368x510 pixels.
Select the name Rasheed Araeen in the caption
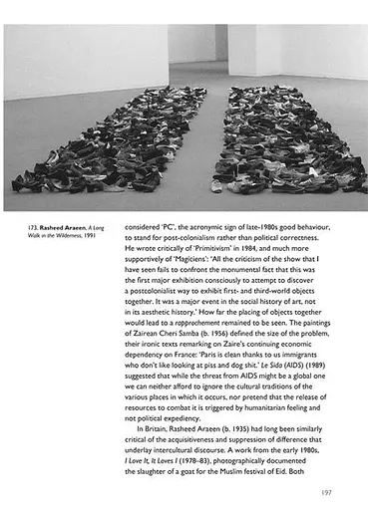pyautogui.click(x=66, y=227)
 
